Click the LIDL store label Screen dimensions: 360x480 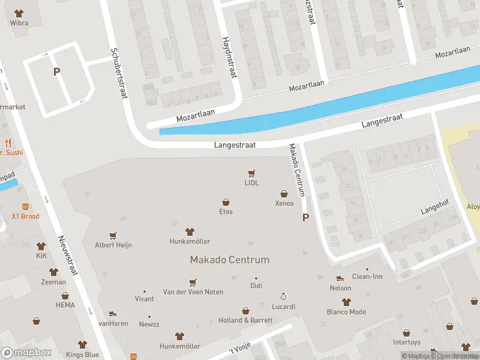click(251, 183)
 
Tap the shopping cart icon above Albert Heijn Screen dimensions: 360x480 click(113, 236)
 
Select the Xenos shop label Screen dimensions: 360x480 click(284, 203)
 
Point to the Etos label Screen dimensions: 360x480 click(226, 211)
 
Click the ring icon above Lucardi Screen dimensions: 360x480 click(284, 296)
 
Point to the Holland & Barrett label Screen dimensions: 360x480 click(245, 320)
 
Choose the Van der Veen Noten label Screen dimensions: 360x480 click(193, 292)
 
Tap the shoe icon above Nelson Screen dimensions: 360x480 click(340, 278)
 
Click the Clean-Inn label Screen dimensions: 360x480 click(367, 277)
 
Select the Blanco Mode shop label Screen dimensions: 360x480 click(346, 311)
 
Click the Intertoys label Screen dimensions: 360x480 click(407, 342)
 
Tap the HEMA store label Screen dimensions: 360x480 click(65, 305)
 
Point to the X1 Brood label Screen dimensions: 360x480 click(26, 216)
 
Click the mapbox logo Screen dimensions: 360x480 click(26, 353)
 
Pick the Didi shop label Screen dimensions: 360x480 click(256, 286)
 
